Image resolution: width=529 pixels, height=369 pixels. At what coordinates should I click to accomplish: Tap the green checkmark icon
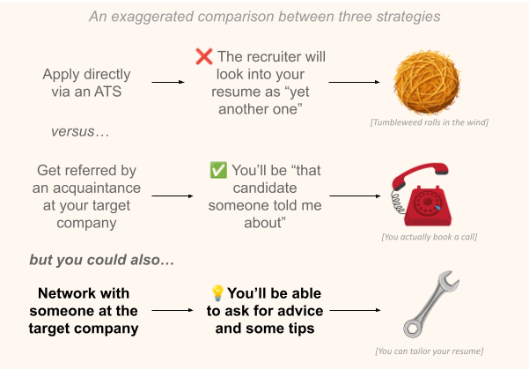(219, 170)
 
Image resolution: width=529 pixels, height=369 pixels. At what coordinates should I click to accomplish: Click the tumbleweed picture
(429, 80)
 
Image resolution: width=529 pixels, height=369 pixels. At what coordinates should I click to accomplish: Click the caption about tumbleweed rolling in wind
(429, 121)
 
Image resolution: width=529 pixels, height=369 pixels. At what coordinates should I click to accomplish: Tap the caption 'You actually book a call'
(429, 238)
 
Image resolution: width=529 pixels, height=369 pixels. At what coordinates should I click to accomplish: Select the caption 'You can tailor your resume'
(429, 351)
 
